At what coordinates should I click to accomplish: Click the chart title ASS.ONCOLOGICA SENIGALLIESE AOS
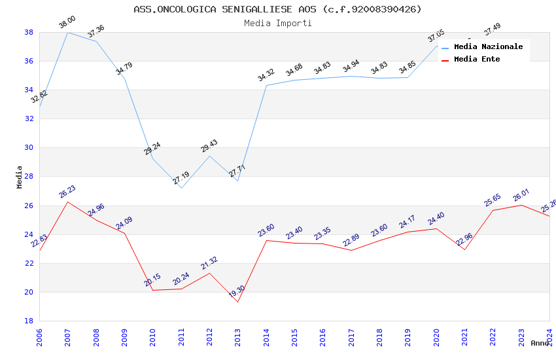277,9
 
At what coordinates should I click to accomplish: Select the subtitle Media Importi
277,23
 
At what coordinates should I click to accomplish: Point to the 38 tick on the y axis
29,32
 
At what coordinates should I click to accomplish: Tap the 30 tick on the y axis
29,147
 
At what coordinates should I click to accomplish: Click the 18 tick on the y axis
29,321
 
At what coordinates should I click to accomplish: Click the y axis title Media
20,177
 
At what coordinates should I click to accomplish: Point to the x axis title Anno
540,343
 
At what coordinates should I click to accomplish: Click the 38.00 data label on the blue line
67,22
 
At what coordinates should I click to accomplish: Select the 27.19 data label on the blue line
181,177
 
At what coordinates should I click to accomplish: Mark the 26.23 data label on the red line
67,191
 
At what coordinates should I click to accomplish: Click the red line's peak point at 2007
68,202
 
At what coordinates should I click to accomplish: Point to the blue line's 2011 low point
181,188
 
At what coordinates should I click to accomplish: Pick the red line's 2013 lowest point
237,302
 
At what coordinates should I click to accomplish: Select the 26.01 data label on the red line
521,195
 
